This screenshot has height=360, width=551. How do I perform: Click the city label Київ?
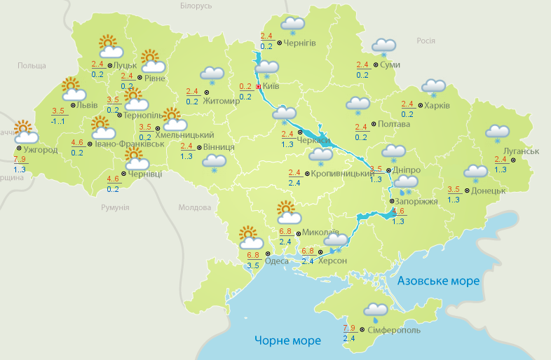point(271,86)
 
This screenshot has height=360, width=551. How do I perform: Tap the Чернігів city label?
point(300,43)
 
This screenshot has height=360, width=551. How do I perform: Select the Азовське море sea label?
point(438,281)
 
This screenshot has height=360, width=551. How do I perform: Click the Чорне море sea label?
point(287,340)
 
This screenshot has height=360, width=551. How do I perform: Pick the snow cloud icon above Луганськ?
point(498,133)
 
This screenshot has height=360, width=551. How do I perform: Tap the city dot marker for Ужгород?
point(18,148)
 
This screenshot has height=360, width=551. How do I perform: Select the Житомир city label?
point(222,100)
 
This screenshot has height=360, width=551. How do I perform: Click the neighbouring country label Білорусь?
point(195,6)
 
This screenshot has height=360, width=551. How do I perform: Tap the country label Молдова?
point(194,207)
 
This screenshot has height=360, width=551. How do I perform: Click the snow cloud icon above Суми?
point(383,47)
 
